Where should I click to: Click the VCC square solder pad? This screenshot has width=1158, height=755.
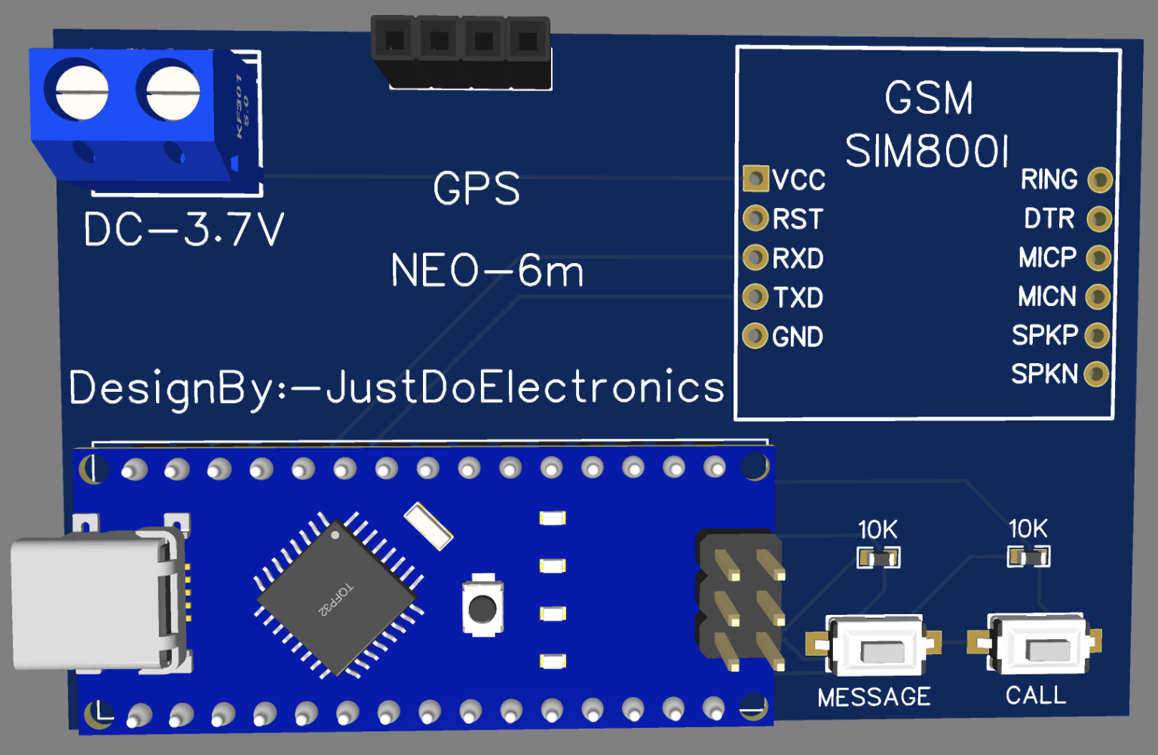[x=755, y=179]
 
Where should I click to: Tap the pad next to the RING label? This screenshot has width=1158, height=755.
[x=1100, y=180]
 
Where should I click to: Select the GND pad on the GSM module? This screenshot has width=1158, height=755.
[x=755, y=336]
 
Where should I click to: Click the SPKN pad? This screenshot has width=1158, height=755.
[x=1096, y=374]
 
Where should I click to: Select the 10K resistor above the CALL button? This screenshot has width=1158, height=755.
[x=1029, y=557]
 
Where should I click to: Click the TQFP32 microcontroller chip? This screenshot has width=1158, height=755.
[x=337, y=598]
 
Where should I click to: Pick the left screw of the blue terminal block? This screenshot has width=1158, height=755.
[x=81, y=91]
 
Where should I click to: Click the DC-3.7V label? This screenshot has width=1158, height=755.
[x=184, y=229]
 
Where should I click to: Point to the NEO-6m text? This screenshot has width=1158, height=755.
[x=487, y=271]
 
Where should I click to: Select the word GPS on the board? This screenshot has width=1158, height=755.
[x=476, y=188]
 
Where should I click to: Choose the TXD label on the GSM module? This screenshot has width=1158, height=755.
[x=798, y=298]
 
